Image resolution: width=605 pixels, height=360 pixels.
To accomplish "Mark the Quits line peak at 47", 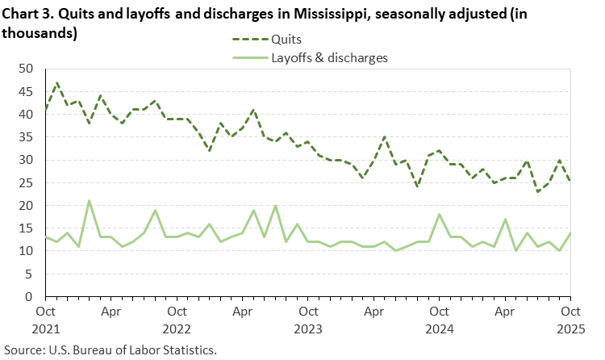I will (x=56, y=82).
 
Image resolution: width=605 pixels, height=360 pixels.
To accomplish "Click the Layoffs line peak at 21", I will (x=89, y=201).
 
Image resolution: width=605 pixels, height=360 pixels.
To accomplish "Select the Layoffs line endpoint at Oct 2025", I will (x=570, y=233).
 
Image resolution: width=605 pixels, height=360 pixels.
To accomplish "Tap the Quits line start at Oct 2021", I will (x=45, y=110).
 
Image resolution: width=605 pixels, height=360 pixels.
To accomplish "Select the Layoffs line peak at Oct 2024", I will (x=439, y=215).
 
